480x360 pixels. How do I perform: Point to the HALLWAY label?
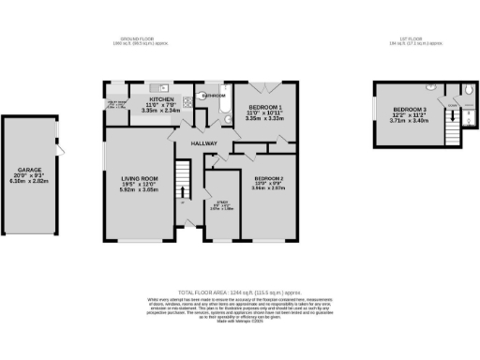tap(203, 143)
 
